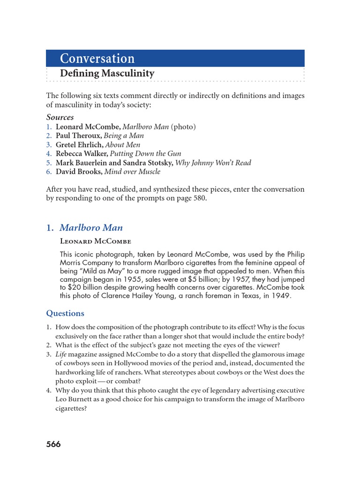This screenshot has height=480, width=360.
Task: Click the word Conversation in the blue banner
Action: tap(97, 59)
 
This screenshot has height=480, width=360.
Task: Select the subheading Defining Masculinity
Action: tap(107, 74)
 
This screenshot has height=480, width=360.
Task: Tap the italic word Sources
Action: tap(60, 117)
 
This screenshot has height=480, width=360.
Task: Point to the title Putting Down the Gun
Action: tap(145, 154)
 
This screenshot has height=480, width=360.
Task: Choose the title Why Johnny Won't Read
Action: tap(213, 163)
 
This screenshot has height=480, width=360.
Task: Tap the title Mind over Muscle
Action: tap(132, 172)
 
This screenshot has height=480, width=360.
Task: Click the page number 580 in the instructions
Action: tap(212, 198)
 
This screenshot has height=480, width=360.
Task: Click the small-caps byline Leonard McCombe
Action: tap(96, 241)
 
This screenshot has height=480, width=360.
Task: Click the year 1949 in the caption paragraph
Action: tap(281, 296)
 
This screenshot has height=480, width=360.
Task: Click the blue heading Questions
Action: tap(65, 313)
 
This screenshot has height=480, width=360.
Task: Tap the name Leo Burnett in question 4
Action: tap(73, 399)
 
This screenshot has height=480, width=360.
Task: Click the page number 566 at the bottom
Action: tap(53, 444)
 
